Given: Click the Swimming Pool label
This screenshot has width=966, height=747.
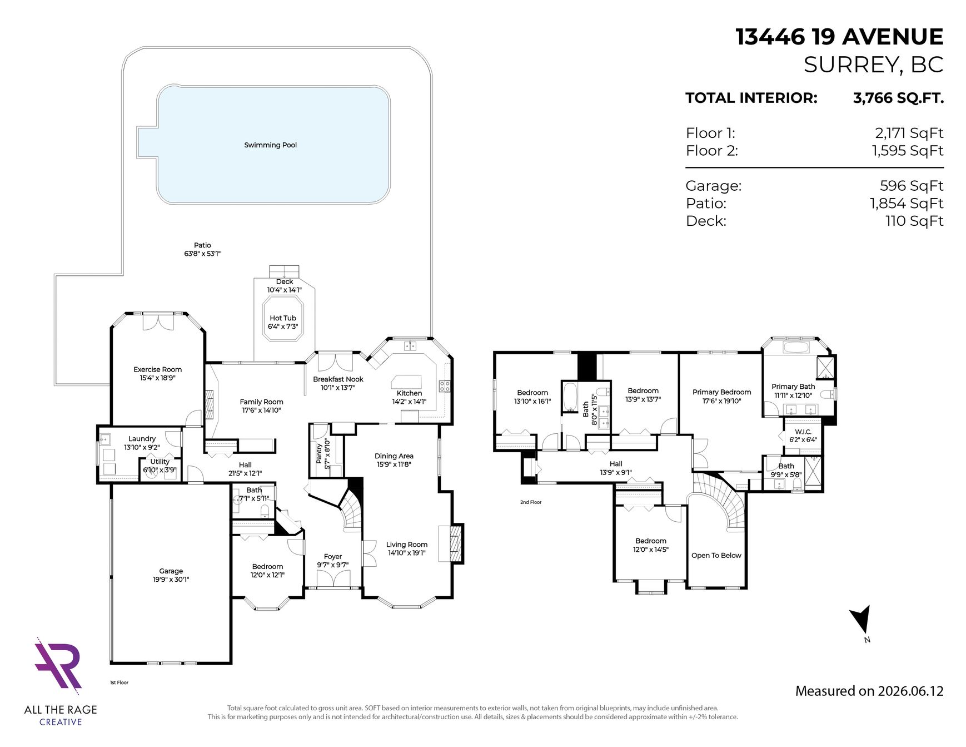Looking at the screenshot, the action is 270,145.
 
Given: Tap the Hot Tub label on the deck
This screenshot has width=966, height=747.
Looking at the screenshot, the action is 283,318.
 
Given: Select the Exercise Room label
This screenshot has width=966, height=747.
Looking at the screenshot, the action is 158,369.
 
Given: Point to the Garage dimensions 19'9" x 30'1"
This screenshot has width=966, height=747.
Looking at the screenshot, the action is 171,580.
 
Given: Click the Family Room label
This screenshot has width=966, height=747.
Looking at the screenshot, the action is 261,402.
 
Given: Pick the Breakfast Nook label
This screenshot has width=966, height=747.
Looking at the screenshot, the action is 338,379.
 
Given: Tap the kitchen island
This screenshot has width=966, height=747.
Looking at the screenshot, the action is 407,382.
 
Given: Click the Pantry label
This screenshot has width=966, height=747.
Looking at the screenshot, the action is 319,453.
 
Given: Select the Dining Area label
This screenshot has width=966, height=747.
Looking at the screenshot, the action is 394,456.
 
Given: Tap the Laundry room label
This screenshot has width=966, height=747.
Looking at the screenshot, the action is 142,439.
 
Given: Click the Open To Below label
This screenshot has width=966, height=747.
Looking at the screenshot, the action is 716,555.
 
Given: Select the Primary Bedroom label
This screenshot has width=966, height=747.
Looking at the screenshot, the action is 721,392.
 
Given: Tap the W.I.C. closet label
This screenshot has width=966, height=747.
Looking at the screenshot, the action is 803,432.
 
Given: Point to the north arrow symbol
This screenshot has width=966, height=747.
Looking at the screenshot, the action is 861,619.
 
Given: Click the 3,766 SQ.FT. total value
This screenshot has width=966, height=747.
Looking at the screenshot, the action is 898,98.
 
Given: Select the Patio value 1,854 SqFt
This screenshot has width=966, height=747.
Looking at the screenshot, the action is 907,204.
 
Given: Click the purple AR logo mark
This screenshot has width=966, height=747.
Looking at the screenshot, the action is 58,666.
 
